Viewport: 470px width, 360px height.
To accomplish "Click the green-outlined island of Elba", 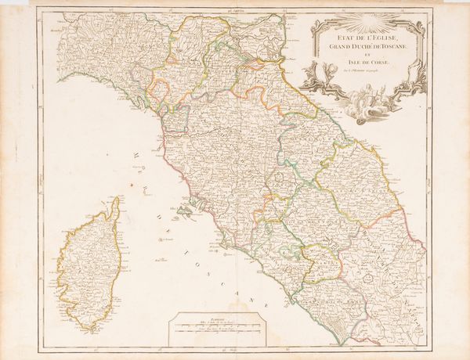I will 185,214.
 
